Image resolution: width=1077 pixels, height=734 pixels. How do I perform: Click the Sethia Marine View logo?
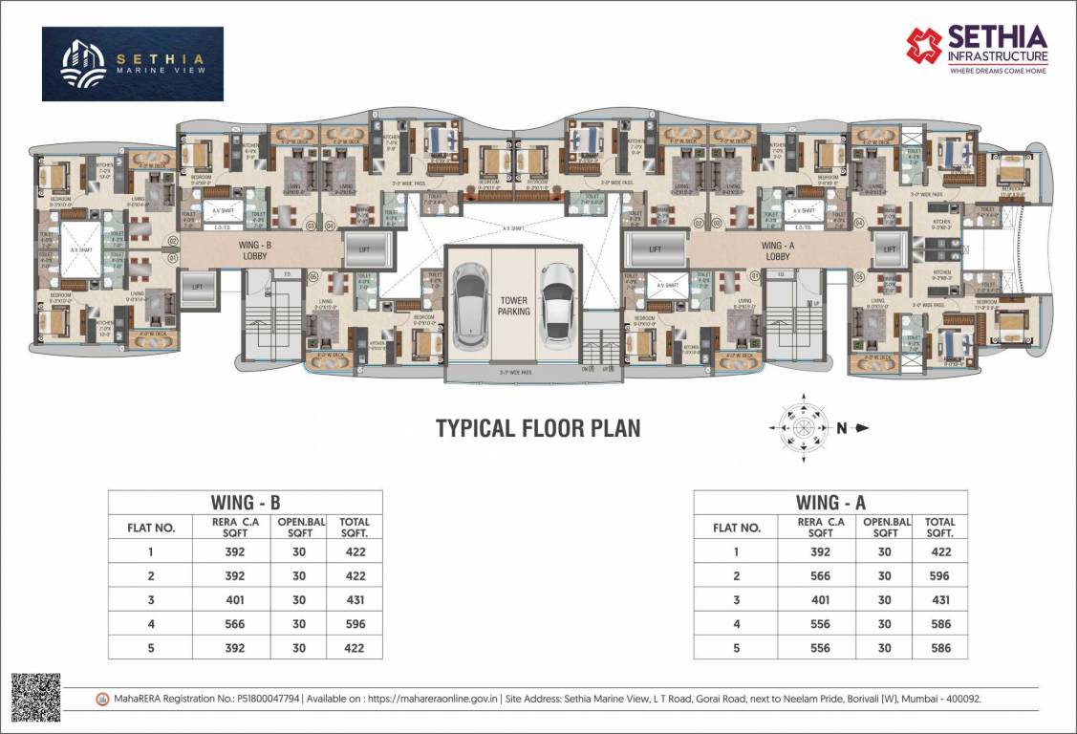click(132, 64)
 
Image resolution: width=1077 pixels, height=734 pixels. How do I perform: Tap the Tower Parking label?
click(513, 305)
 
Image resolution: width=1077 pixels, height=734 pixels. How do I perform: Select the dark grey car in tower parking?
click(469, 303)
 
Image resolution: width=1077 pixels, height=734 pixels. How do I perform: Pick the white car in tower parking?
click(555, 303)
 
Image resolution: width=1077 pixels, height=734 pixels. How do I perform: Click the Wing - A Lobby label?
click(777, 250)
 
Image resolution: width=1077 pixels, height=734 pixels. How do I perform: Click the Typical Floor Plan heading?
click(538, 428)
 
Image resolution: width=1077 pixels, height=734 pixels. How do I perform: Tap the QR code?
click(35, 697)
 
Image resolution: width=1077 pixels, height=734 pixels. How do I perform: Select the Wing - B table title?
click(245, 503)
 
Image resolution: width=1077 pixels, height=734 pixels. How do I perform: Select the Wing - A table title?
click(829, 503)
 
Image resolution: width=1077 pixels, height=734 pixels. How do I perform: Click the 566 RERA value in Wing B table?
click(234, 624)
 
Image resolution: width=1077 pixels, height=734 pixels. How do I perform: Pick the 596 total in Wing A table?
click(939, 576)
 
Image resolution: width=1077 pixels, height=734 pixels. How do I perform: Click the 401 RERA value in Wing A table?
click(820, 600)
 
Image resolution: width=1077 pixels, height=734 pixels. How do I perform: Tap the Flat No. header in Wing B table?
click(151, 528)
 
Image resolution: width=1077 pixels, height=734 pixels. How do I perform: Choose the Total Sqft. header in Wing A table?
click(939, 528)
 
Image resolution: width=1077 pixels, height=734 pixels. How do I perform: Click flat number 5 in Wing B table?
click(150, 648)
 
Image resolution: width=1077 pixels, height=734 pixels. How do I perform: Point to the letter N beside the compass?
click(842, 428)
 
